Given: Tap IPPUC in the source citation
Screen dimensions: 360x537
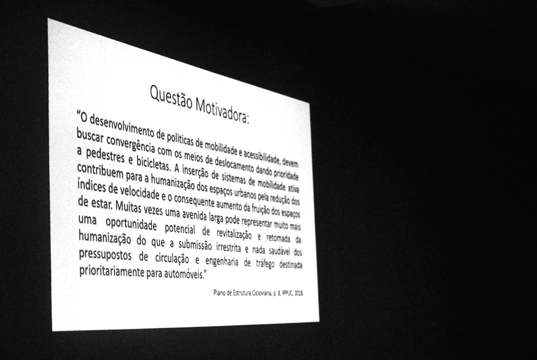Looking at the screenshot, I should (x=282, y=292).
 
